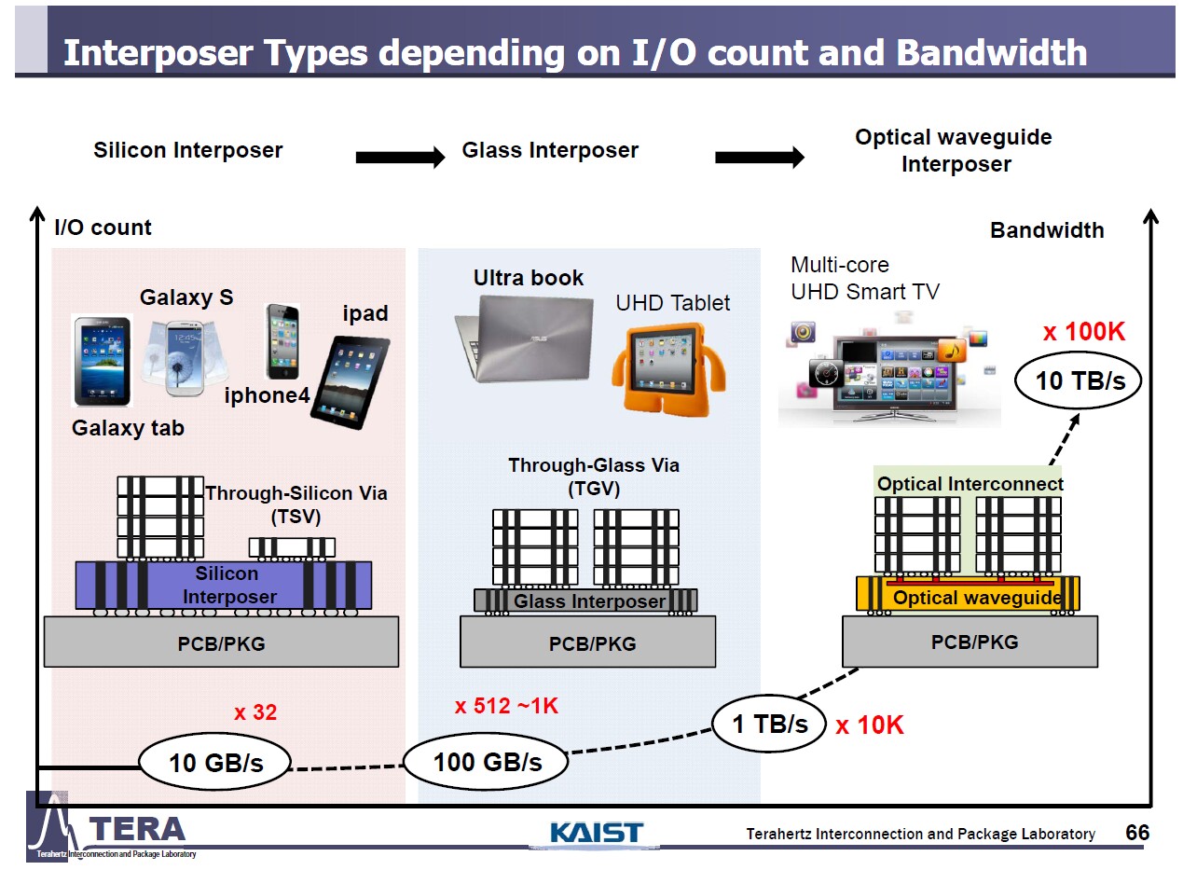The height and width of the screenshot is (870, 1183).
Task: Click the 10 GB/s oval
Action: (215, 763)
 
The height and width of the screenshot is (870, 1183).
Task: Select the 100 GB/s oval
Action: (487, 762)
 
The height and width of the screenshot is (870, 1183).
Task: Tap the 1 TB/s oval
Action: (769, 724)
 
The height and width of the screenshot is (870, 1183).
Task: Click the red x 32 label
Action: (254, 713)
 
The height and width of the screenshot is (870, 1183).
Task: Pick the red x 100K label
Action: (1083, 332)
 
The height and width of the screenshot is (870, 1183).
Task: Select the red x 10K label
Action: (869, 725)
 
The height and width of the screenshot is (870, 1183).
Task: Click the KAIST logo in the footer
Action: (597, 832)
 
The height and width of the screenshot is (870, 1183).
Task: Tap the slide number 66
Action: (1137, 833)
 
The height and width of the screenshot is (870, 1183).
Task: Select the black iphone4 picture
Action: (282, 340)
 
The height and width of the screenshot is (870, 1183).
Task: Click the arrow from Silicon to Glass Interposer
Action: (400, 158)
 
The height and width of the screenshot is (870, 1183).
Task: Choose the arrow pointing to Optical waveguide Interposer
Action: (759, 158)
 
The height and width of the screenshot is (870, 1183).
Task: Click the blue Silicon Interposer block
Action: (224, 585)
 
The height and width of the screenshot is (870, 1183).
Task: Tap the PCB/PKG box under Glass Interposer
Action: (587, 642)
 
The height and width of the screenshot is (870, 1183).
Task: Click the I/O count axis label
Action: (103, 228)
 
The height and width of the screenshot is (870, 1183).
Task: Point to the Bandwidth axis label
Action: (1046, 230)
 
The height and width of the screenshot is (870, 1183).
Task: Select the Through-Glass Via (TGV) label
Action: (593, 476)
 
